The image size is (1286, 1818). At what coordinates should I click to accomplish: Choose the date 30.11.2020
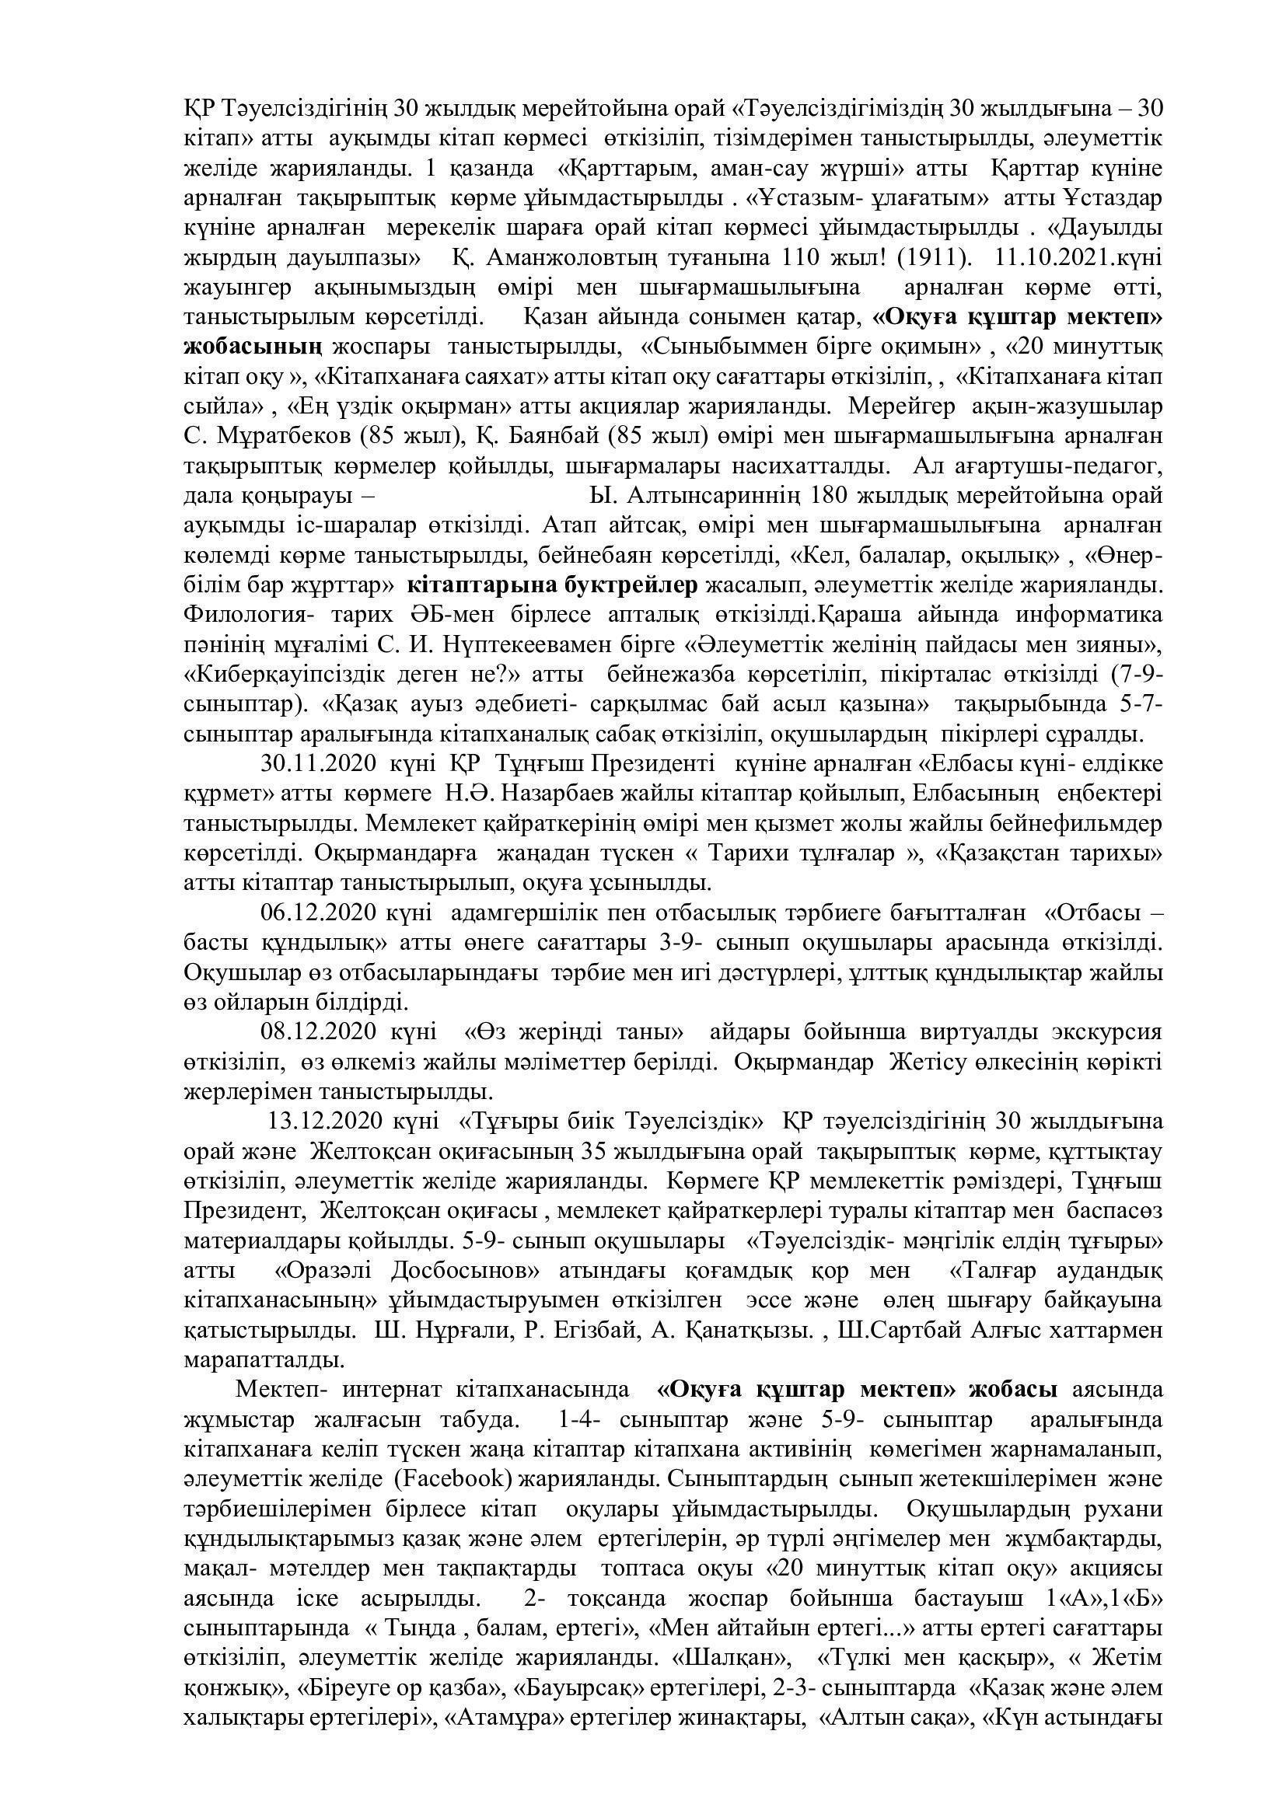coord(326,766)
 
